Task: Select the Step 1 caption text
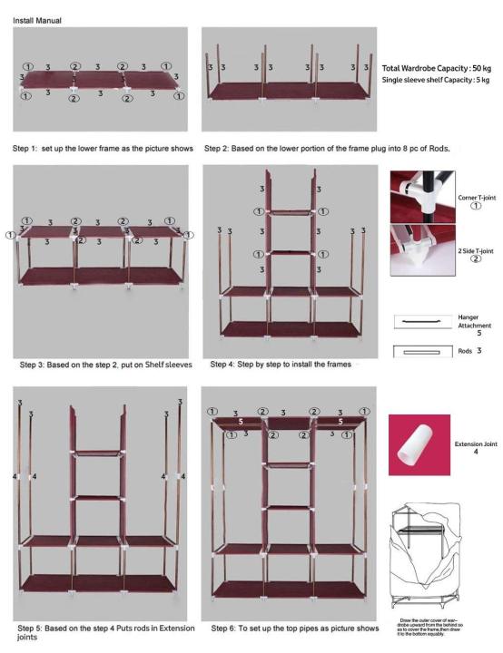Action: [x=103, y=147]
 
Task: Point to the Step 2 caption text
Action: [x=292, y=147]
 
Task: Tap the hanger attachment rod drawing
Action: [x=422, y=322]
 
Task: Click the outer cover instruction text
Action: [x=426, y=629]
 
